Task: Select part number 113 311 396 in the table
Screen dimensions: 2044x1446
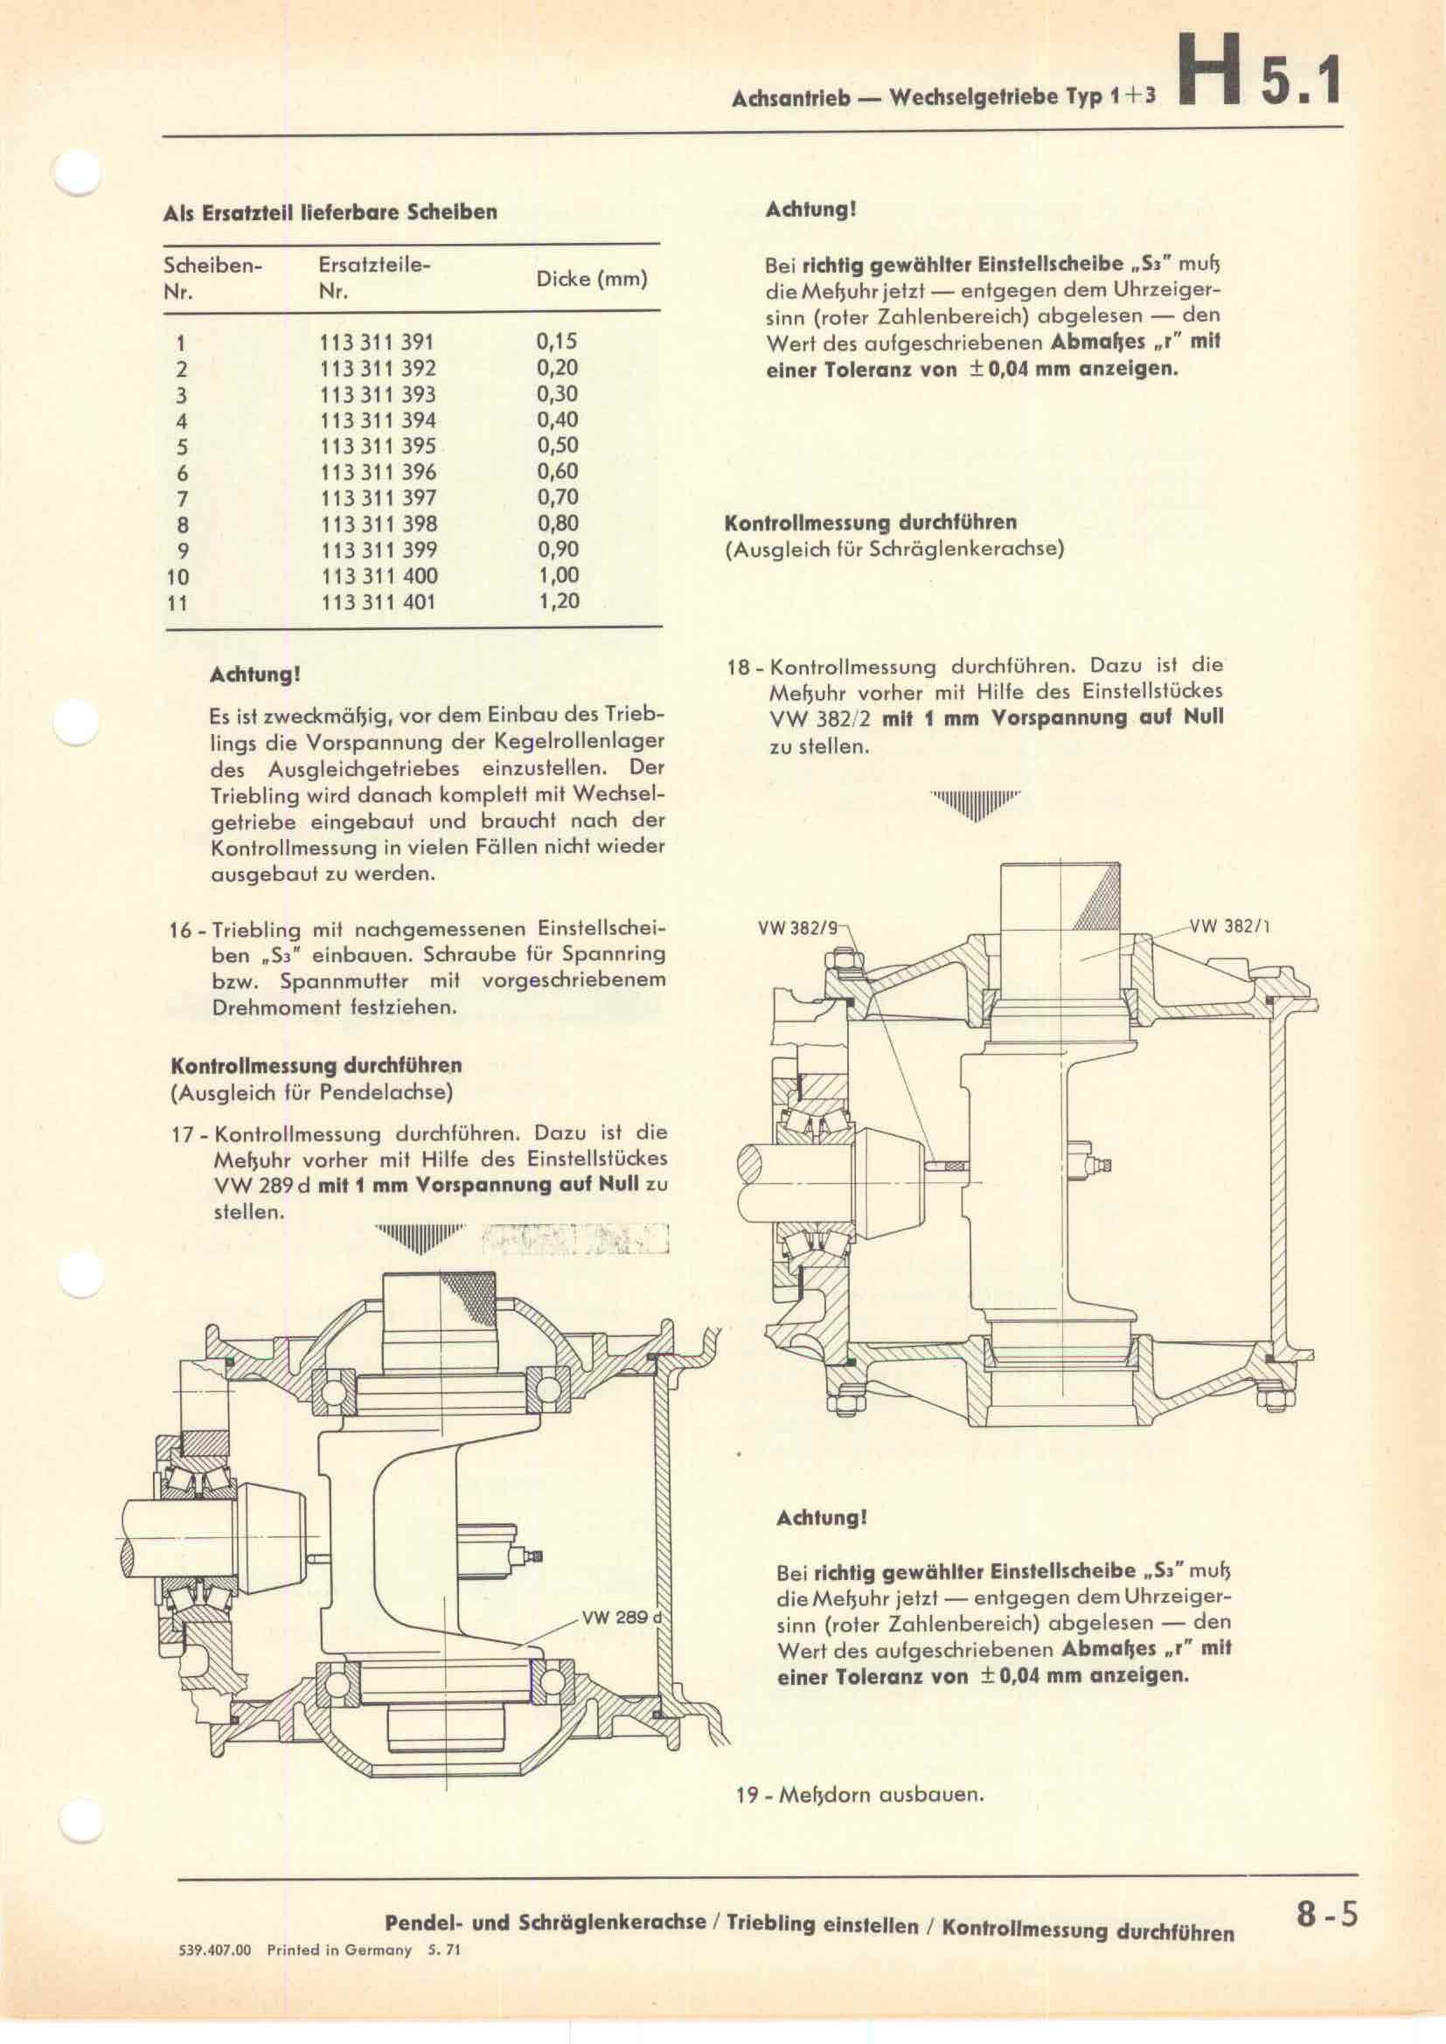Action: tap(379, 472)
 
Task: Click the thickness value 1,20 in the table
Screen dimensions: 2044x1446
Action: tap(559, 601)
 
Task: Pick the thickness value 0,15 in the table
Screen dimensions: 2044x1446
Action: tap(558, 340)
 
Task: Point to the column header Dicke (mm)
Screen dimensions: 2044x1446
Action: tap(591, 279)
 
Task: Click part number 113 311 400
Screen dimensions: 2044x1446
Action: tap(379, 576)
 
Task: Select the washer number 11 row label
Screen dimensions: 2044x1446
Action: tap(177, 603)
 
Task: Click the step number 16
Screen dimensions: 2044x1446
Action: tap(182, 931)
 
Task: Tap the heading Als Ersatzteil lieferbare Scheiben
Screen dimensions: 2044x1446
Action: tap(330, 212)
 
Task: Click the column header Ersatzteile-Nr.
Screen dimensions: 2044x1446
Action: tap(374, 278)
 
